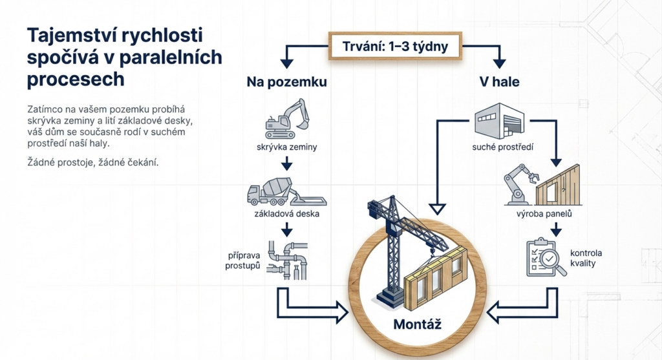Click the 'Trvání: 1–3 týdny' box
[x=395, y=47]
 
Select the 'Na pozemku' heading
[x=286, y=83]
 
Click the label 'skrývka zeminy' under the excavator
[x=286, y=147]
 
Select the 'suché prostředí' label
[x=502, y=147]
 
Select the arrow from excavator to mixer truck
[x=286, y=165]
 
